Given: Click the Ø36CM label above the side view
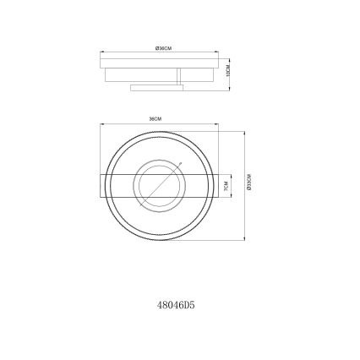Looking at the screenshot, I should click(x=164, y=50).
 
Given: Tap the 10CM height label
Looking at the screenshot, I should click(x=228, y=72).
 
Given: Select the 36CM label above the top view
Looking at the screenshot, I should click(x=155, y=119).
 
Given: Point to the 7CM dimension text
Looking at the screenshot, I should click(x=226, y=185).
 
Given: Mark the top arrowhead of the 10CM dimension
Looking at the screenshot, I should click(x=224, y=62).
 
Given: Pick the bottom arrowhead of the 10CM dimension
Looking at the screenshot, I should click(x=224, y=84).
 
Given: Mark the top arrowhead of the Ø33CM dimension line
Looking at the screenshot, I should click(x=244, y=131).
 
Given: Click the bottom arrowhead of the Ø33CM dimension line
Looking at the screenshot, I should click(x=244, y=240).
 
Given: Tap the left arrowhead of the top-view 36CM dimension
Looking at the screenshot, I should click(x=101, y=125).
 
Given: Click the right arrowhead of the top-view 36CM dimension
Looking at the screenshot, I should click(x=218, y=125).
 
